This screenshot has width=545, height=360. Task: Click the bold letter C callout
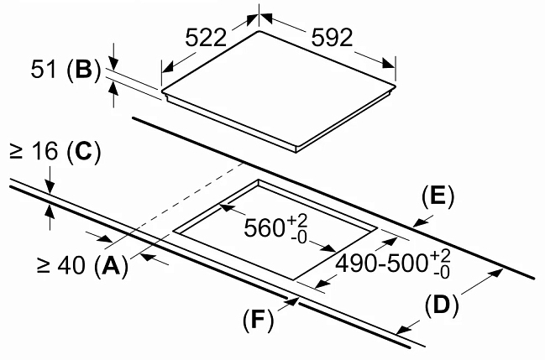(x=83, y=152)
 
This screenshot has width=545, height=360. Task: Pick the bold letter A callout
(x=111, y=266)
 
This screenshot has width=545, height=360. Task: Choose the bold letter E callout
(x=438, y=197)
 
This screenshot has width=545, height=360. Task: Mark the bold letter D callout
(x=441, y=305)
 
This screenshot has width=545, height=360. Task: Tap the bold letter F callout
(x=258, y=319)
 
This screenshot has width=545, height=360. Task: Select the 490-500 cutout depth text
(x=381, y=263)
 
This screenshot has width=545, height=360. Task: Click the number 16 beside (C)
(x=45, y=152)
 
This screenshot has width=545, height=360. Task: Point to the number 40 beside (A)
(x=71, y=266)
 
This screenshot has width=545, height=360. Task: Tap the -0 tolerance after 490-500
(x=442, y=273)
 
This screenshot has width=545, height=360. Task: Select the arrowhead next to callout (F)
(x=291, y=302)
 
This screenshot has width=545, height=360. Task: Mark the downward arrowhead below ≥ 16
(x=50, y=188)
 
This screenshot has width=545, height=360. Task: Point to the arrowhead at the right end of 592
(x=389, y=64)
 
